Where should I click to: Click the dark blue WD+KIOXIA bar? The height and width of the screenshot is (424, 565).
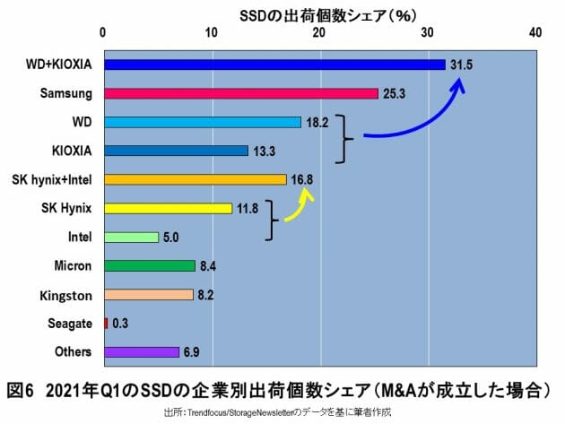pyautogui.click(x=274, y=65)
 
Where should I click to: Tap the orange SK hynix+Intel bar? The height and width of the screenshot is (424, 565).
pyautogui.click(x=195, y=179)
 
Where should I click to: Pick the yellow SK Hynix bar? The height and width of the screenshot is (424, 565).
pyautogui.click(x=168, y=208)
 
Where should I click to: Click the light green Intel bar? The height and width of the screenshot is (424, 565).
pyautogui.click(x=131, y=237)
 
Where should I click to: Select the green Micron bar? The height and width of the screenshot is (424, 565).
pyautogui.click(x=149, y=265)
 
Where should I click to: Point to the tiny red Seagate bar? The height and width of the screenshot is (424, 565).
pyautogui.click(x=106, y=323)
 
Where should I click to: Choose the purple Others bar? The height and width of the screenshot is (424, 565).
pyautogui.click(x=142, y=351)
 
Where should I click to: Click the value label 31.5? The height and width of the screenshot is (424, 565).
pyautogui.click(x=461, y=65)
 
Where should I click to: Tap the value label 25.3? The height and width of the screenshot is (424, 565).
pyautogui.click(x=395, y=93)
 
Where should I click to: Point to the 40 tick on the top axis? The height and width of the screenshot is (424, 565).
pyautogui.click(x=535, y=33)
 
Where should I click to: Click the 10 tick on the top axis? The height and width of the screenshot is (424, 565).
pyautogui.click(x=213, y=33)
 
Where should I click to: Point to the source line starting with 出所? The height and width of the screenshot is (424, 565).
pyautogui.click(x=282, y=413)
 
